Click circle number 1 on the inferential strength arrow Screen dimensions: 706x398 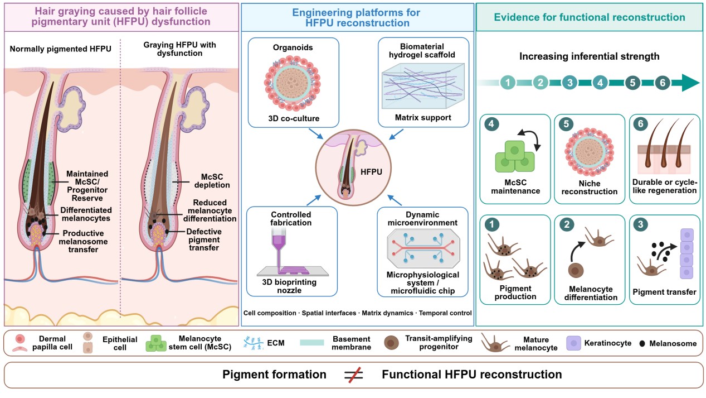pos(508,83)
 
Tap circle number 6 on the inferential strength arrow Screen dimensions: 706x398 pos(663,83)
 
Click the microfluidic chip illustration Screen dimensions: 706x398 pos(423,248)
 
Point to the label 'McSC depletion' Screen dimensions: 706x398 pos(212,181)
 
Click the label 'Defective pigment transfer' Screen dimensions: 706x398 pos(204,239)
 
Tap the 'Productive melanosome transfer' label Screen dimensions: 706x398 pos(83,242)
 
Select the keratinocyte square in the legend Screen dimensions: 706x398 pos(573,343)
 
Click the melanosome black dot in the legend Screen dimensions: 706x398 pos(642,343)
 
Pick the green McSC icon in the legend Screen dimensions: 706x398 pos(156,343)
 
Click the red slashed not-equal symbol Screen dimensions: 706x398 pos(354,375)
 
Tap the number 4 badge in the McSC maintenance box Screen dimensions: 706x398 pos(491,124)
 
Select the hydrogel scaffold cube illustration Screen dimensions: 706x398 pos(423,86)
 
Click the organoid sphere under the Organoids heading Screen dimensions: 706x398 pos(292,83)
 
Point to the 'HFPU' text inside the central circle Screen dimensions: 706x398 pos(371,172)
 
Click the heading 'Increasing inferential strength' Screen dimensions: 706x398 pos(589,56)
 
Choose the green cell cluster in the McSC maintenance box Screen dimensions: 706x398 pos(515,156)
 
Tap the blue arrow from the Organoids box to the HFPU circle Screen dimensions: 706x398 pos(316,133)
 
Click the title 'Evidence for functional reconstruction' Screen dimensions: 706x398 pos(590,17)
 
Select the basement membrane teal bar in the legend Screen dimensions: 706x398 pos(311,343)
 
